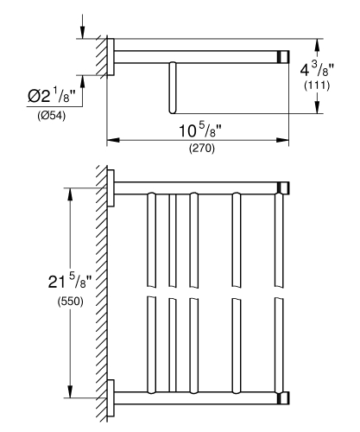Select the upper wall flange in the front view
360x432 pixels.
pos(112,188)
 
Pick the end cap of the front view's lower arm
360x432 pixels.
pos(281,398)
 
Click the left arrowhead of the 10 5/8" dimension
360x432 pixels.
pos(111,138)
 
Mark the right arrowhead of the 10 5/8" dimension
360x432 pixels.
pos(282,138)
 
